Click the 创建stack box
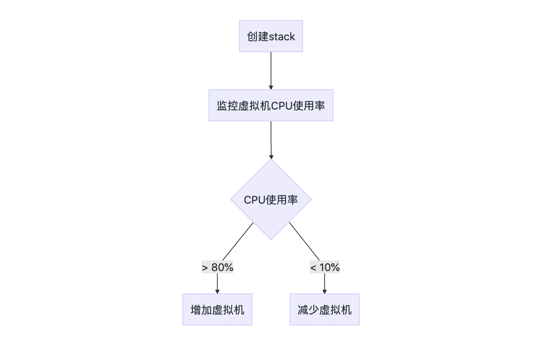271,36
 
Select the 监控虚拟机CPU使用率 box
271,105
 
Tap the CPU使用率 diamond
271,199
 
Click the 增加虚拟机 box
217,309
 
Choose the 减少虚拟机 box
324,309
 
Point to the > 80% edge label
217,268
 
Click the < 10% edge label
325,268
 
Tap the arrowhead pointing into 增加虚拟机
217,291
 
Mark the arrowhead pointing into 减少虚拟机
325,291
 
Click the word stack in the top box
282,37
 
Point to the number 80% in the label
222,268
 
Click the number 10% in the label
330,268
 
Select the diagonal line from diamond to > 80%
238,241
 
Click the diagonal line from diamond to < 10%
304,241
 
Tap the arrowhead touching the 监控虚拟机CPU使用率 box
271,87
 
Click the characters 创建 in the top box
258,37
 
